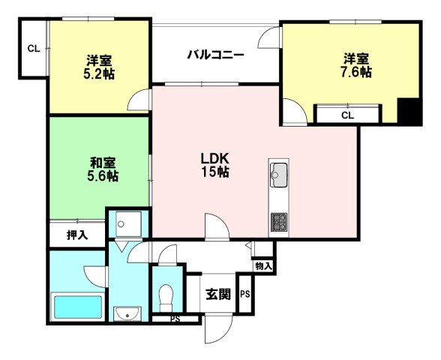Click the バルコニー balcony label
215,55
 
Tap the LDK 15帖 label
215,165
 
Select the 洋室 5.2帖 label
99,67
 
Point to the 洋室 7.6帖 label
356,65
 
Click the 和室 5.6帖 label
103,169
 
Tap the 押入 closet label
77,235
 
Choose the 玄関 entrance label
218,294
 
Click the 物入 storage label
263,265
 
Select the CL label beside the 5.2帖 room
34,49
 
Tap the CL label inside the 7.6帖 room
348,115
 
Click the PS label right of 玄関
245,294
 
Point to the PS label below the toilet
175,319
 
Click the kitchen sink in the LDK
279,175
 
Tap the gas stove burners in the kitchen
279,222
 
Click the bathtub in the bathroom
78,307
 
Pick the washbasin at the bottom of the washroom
127,313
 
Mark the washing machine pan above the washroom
128,224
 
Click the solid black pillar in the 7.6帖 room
409,111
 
